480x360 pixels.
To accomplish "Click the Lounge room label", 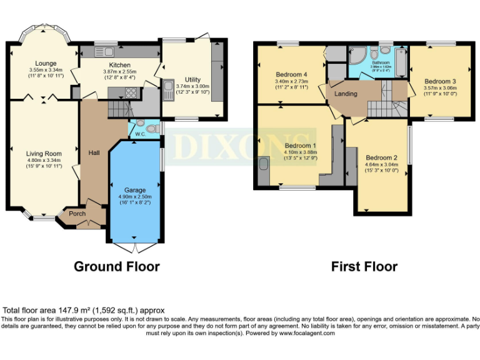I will click(x=46, y=63).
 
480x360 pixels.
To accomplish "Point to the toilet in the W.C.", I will click(x=140, y=122).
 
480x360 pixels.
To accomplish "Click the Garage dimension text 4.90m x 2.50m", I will click(x=135, y=196).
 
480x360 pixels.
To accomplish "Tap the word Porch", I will click(x=77, y=214).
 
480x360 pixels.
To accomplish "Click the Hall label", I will click(x=94, y=152).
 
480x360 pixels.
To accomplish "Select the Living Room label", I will click(x=43, y=153).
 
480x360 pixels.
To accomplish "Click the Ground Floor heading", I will click(x=117, y=266).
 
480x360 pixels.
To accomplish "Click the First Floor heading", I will click(x=364, y=266).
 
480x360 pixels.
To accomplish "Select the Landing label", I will click(x=346, y=94).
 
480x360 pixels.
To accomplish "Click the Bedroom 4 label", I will click(x=292, y=74).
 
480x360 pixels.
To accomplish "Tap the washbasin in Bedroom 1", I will click(x=262, y=164).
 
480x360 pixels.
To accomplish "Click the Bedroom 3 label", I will click(x=440, y=81).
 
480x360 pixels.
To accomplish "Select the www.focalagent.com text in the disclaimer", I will click(x=303, y=333).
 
